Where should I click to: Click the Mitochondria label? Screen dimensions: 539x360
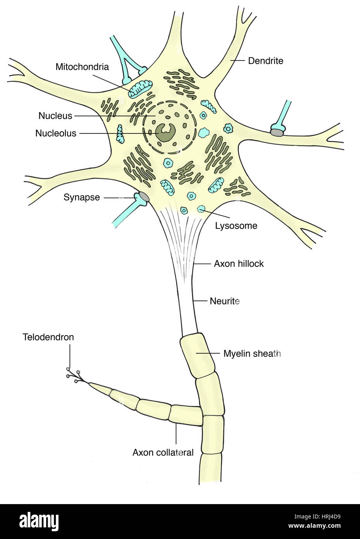(x=82, y=67)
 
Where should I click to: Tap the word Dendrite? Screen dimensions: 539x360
(x=265, y=61)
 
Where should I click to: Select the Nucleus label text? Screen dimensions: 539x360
(x=55, y=116)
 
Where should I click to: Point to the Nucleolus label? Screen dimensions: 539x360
(x=56, y=133)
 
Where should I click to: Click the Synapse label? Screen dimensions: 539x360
(x=81, y=197)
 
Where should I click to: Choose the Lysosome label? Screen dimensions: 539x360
(x=236, y=226)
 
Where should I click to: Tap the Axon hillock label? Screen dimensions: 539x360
(x=239, y=264)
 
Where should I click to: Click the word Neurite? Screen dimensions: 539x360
(x=224, y=301)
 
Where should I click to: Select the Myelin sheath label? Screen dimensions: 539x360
(x=252, y=354)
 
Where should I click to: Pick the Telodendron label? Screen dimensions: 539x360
(x=48, y=337)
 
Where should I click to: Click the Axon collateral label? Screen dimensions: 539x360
(x=163, y=452)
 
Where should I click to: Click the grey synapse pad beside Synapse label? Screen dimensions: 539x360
(x=143, y=197)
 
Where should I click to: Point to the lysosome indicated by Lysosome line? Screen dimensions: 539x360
(x=201, y=209)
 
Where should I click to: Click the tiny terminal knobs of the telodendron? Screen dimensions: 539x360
(x=73, y=375)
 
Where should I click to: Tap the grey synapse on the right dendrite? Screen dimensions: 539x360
(x=277, y=133)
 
